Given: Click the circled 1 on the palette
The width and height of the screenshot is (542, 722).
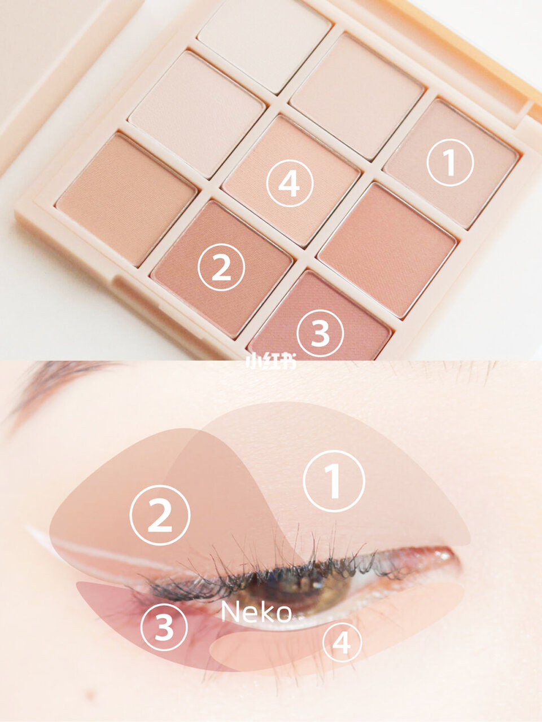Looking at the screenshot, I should coord(449,162).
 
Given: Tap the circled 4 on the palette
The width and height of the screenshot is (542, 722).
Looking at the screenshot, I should coord(290,182).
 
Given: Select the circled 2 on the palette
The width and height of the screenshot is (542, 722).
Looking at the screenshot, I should coord(221,268).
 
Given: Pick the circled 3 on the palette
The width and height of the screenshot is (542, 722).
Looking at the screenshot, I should coord(320,333).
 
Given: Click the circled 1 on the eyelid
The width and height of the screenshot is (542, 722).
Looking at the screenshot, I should coord(334,481).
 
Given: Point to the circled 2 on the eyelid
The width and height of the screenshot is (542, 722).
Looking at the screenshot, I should coord(160,515).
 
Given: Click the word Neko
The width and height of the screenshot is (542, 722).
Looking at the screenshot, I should coord(256,612).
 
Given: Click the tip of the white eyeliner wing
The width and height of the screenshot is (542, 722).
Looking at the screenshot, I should coord(28,529).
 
